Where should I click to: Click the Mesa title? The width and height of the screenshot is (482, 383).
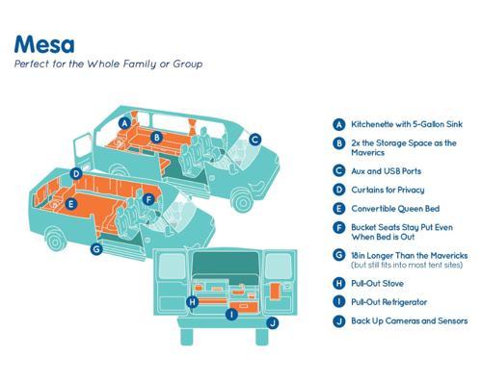pyautogui.click(x=44, y=44)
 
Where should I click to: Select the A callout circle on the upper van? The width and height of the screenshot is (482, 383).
pyautogui.click(x=124, y=123)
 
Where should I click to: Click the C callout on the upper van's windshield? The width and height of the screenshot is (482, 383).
pyautogui.click(x=254, y=140)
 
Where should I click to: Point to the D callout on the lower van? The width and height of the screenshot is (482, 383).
pyautogui.click(x=76, y=174)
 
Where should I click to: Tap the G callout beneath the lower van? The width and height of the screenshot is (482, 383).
pyautogui.click(x=96, y=249)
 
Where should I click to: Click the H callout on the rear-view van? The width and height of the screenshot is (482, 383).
pyautogui.click(x=192, y=302)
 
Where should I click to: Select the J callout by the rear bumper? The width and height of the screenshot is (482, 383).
pyautogui.click(x=273, y=323)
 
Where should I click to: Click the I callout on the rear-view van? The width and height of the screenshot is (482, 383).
pyautogui.click(x=231, y=314)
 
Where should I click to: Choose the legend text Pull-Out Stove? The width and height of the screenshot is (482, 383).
pyautogui.click(x=377, y=284)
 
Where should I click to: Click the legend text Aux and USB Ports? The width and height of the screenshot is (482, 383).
pyautogui.click(x=386, y=171)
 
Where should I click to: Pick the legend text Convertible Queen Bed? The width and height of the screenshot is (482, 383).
pyautogui.click(x=395, y=209)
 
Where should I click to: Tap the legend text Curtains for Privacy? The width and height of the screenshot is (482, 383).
pyautogui.click(x=388, y=190)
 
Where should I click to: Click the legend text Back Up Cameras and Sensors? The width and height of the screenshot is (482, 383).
pyautogui.click(x=410, y=321)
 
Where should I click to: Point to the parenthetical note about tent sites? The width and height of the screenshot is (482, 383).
pyautogui.click(x=407, y=266)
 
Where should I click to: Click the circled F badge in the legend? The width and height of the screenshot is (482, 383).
pyautogui.click(x=339, y=228)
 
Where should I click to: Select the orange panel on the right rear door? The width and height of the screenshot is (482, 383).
pyautogui.click(x=276, y=291)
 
